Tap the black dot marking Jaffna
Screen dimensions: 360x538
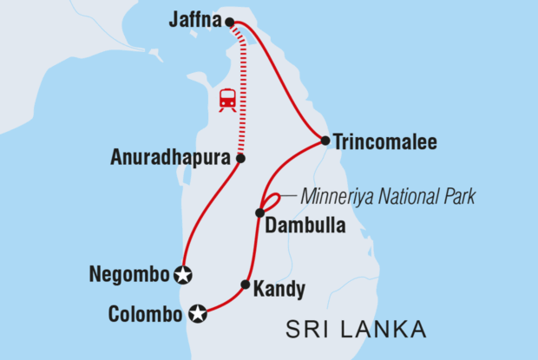[229, 23]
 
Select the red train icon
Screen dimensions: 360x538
[227, 100]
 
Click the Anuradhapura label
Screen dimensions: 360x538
[171, 159]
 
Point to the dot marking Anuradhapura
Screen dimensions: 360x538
[240, 159]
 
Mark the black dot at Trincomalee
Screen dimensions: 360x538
[325, 140]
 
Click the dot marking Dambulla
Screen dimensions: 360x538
[259, 213]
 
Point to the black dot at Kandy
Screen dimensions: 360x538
[246, 285]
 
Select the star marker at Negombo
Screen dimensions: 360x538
[182, 275]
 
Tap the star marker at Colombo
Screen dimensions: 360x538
[199, 313]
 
